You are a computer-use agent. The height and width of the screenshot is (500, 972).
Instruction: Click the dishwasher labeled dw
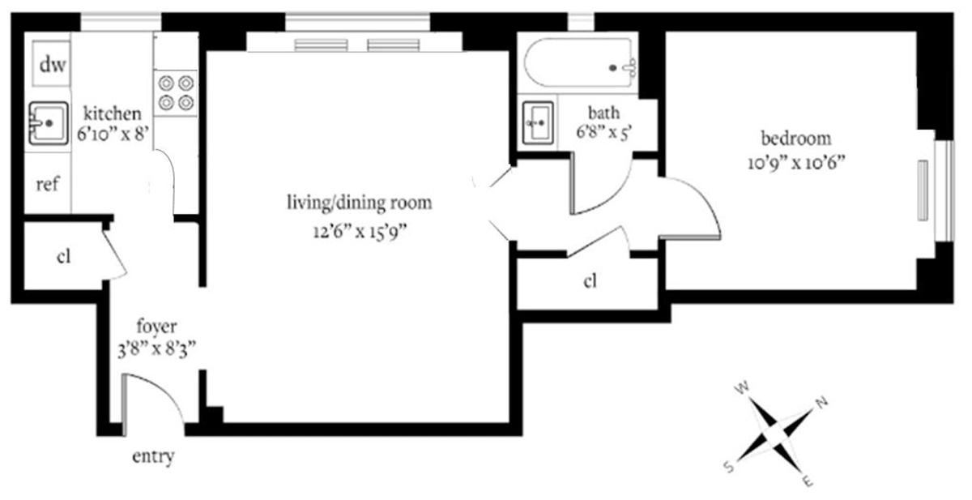coord(51,63)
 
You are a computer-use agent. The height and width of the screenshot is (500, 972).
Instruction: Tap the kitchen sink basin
coord(49,123)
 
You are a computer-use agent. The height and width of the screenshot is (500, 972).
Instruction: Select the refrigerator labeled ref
coord(48,183)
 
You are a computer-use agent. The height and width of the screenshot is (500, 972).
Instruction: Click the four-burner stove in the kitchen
coord(176,93)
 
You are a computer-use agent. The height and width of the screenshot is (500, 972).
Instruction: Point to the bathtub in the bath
coord(581,63)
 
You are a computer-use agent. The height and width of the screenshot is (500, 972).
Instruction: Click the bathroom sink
coord(538,123)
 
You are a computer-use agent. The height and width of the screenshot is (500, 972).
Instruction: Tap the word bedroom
coord(796,139)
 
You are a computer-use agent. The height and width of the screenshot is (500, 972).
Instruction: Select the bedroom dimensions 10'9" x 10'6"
coord(797,163)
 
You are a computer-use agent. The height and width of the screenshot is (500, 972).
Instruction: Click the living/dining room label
coord(360,203)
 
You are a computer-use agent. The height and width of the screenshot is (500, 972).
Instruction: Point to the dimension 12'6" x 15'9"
coord(360,231)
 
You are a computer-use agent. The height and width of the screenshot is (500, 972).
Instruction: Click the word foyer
coord(156,326)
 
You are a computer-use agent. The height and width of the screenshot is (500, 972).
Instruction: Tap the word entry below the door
coord(153,456)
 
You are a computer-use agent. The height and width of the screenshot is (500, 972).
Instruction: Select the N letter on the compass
coord(822,402)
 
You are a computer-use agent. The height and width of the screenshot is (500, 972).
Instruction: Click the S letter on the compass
coord(729,467)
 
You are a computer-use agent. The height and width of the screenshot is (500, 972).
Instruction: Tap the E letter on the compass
coord(807,481)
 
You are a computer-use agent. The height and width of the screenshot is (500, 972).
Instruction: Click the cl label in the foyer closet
coord(63,256)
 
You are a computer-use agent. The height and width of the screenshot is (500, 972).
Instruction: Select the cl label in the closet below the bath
coord(590,281)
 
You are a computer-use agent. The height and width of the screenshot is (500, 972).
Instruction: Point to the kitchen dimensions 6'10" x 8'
coord(113,134)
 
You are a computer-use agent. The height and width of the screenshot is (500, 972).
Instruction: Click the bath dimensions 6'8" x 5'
coord(603,132)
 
